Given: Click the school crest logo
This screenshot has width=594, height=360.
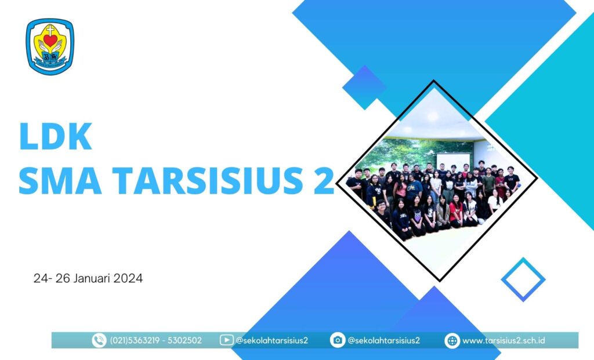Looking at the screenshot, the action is point(50,46).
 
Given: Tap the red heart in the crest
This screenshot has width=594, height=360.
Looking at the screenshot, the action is point(50,40).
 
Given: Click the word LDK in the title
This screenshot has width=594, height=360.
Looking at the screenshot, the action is point(55,136).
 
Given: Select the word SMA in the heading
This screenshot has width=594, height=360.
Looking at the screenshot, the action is point(60,180).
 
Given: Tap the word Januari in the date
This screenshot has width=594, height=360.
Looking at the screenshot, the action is point(92,278).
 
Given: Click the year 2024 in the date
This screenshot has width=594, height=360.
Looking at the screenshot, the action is point(128,278).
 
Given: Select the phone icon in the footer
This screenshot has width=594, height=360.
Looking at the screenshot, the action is point(99,340).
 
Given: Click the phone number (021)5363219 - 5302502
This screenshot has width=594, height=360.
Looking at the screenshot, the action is point(155,340).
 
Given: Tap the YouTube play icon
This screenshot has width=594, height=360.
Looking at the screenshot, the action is point(226,340).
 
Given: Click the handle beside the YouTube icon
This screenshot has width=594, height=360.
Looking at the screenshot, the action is point(271,340).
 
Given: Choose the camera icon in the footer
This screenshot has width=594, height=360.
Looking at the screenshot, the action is point(337,340).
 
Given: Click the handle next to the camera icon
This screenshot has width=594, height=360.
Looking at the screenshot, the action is point(383,340).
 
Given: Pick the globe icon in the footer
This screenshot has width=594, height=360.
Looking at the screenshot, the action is point(452,340).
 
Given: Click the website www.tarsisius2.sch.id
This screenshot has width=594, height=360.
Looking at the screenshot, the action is point(504,340).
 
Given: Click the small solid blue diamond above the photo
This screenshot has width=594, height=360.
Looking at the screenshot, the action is point(364,88).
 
